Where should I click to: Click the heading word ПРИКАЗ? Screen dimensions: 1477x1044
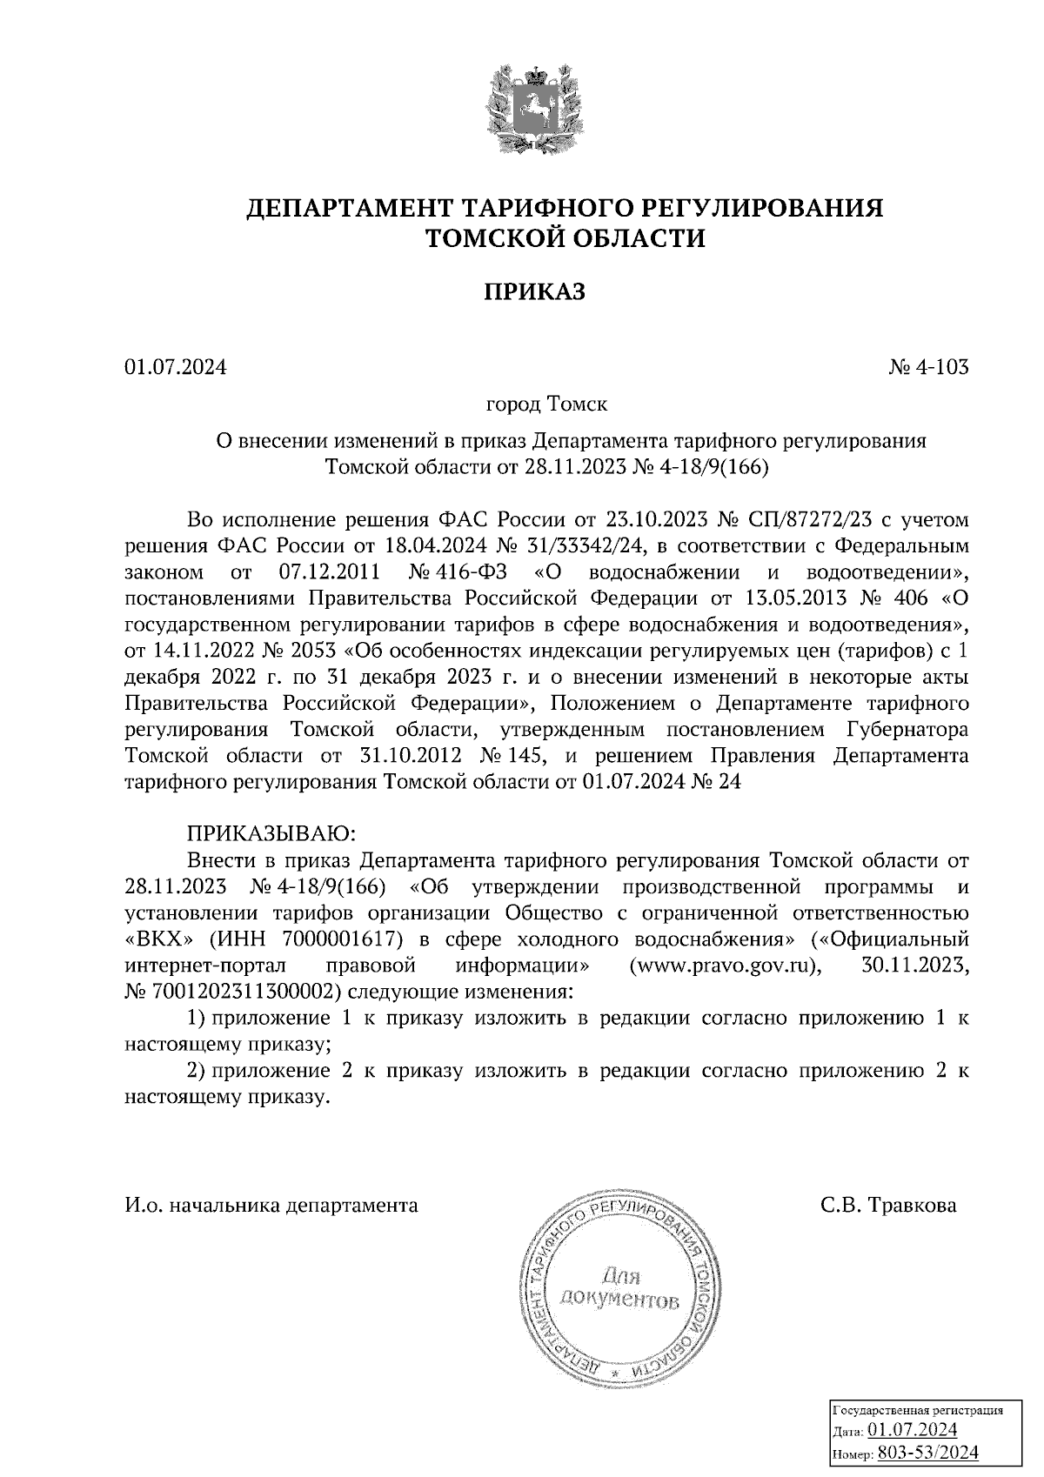point(534,291)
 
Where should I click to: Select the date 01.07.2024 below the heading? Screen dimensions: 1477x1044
point(175,367)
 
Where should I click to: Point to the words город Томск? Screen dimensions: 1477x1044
point(546,404)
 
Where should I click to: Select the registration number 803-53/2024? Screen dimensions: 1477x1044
point(927,1454)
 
